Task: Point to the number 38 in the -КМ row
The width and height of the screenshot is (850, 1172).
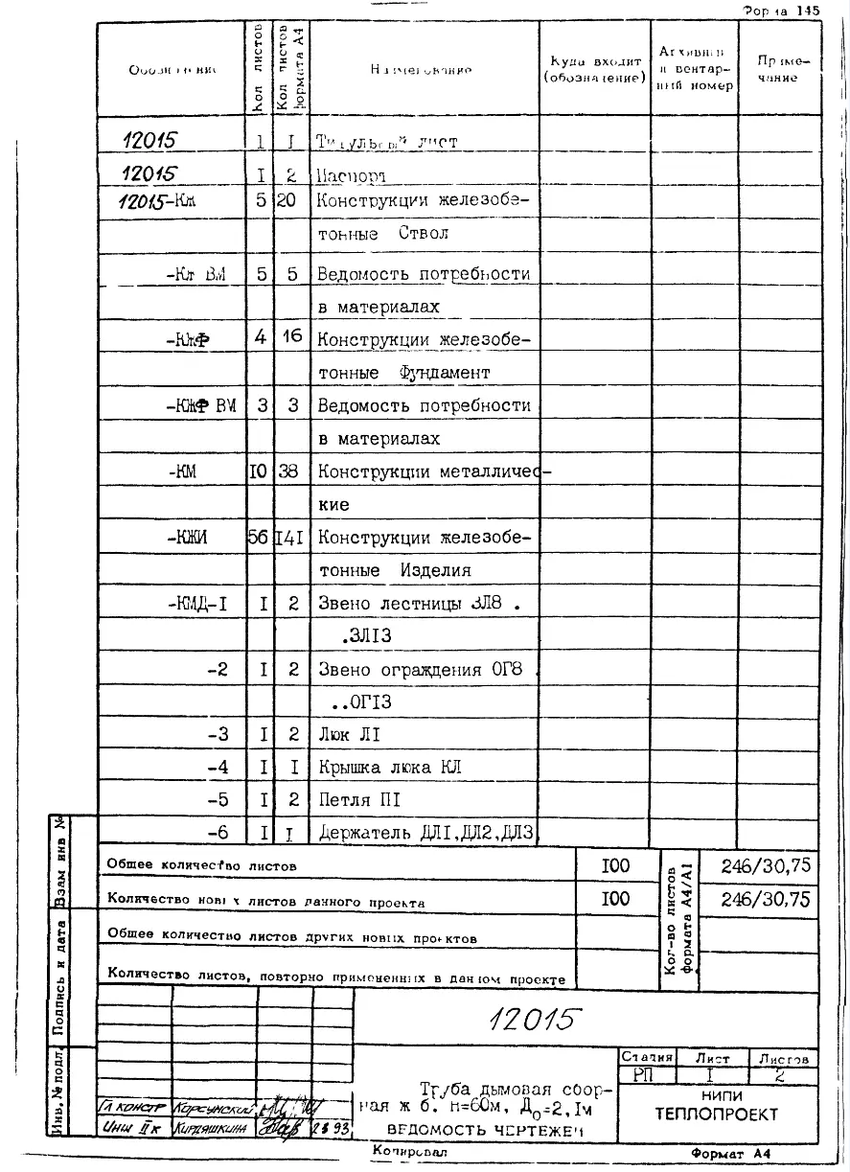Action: (293, 471)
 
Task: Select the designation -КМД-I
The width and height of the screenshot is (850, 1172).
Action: (195, 604)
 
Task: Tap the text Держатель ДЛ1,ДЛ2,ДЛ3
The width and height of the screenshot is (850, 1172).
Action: (425, 832)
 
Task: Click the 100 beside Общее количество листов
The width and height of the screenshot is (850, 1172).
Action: (615, 865)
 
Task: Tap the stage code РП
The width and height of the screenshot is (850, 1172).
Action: (641, 1075)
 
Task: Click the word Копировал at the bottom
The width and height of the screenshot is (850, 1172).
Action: (409, 1150)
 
